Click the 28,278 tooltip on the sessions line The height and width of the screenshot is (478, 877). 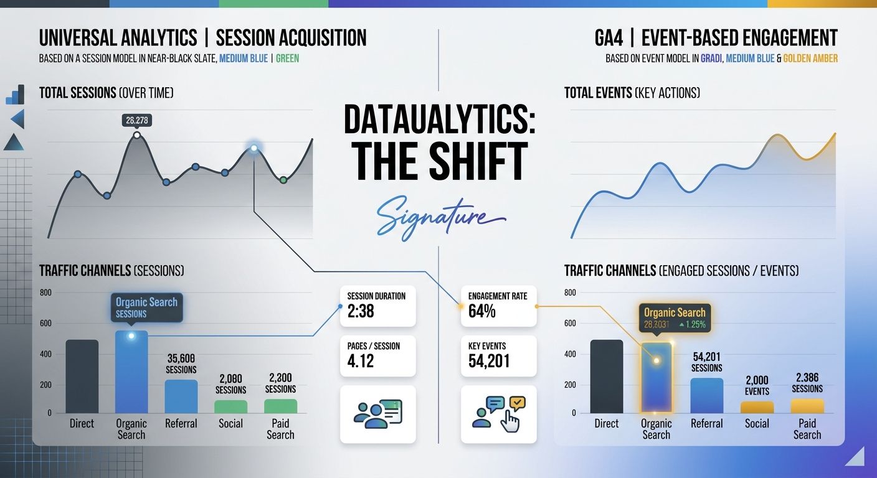137,120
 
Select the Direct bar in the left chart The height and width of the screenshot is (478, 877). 82,376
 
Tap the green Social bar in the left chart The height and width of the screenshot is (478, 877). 230,406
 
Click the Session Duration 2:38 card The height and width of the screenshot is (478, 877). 377,305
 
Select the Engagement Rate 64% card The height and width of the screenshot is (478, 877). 498,305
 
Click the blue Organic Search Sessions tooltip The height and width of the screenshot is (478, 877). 146,307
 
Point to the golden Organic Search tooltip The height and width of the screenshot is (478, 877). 675,317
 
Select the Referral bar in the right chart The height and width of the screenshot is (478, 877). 707,395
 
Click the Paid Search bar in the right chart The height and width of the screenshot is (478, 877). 807,406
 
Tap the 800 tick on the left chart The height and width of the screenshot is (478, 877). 46,293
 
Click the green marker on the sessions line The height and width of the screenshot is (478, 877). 283,180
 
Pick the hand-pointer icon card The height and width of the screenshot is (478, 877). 498,414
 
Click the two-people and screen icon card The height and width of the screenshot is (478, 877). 377,414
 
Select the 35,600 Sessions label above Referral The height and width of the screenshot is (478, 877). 181,363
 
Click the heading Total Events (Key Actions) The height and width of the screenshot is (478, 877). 632,93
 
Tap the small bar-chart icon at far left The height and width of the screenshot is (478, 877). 15,95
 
